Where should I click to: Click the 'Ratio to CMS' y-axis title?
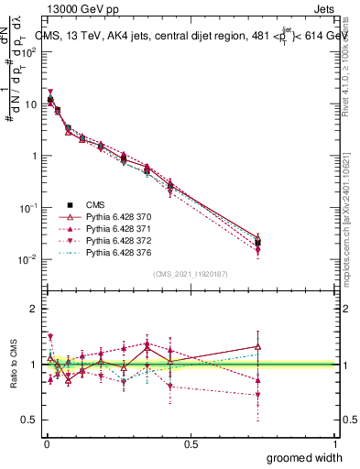click(x=15, y=365)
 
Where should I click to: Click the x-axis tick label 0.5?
click(x=191, y=443)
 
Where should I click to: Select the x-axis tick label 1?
click(x=335, y=443)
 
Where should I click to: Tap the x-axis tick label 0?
click(x=46, y=443)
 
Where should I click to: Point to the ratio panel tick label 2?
click(x=34, y=309)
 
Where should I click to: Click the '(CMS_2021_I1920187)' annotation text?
click(x=190, y=274)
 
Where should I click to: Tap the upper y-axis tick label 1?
click(x=34, y=156)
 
